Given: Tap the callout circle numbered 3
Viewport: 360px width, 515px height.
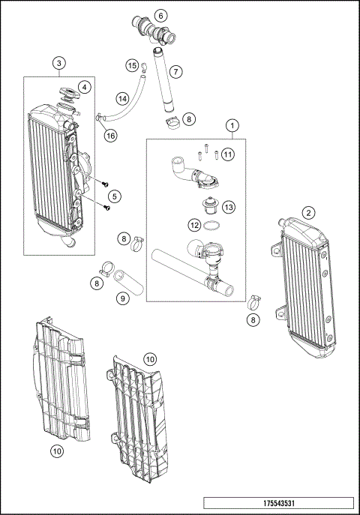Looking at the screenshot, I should pyautogui.click(x=60, y=64).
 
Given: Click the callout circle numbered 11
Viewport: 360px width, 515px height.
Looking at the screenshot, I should pyautogui.click(x=227, y=154).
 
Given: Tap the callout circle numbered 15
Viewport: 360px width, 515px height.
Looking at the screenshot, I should pyautogui.click(x=131, y=66).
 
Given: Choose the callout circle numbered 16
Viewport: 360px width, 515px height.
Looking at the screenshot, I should pyautogui.click(x=110, y=136).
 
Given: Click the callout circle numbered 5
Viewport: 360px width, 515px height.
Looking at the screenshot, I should pyautogui.click(x=114, y=196).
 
